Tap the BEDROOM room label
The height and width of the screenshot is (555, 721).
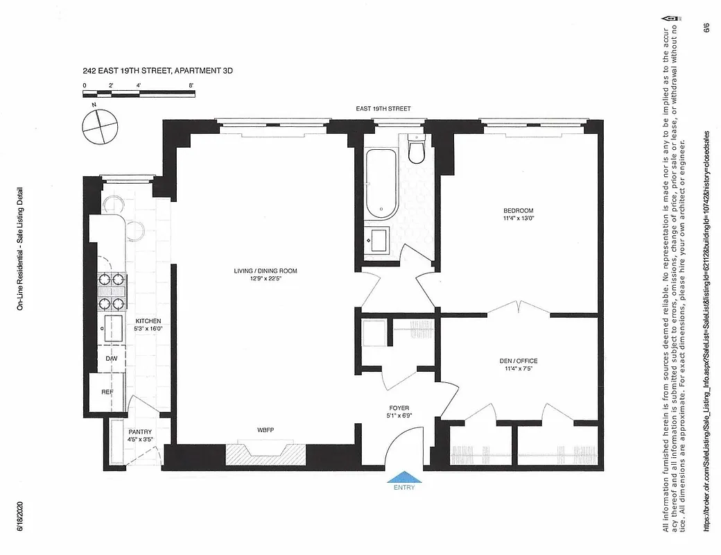coord(518,211)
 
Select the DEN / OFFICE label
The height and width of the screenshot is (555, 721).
coord(518,361)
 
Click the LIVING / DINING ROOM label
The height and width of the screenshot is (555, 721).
coord(266,271)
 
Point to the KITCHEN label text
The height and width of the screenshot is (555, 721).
coord(148,321)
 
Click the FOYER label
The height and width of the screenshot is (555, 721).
coord(399,409)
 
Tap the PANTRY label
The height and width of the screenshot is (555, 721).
coord(139,432)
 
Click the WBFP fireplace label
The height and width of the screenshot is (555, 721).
coord(266,429)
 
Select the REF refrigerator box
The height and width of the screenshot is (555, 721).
coord(107,393)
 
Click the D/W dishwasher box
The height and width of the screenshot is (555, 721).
coord(111,359)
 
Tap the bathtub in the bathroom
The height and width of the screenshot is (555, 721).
coord(381,182)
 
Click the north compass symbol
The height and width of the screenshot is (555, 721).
coord(96,125)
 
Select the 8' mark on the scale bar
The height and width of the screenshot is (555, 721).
coord(191,85)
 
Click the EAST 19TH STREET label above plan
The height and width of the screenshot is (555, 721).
coord(383,109)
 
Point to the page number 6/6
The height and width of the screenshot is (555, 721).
coord(706,29)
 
